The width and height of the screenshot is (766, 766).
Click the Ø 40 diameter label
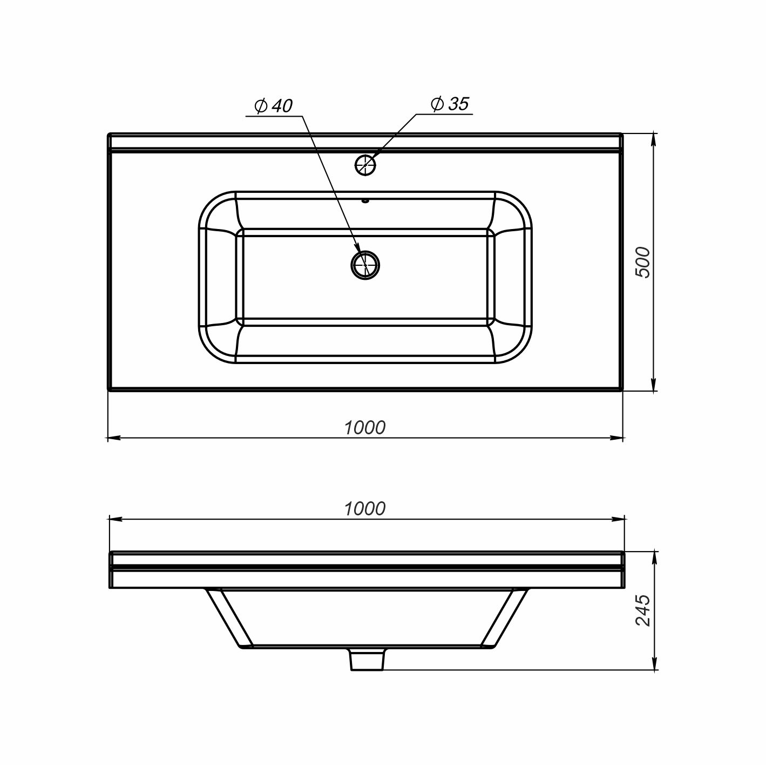click(x=274, y=106)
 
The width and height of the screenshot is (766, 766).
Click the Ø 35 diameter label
click(x=450, y=104)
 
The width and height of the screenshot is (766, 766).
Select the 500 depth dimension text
click(x=642, y=262)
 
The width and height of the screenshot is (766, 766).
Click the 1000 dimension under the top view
click(x=364, y=428)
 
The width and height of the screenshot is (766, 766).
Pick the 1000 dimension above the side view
click(x=364, y=509)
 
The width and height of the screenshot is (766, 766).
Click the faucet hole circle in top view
click(x=365, y=165)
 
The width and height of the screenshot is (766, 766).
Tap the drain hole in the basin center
click(x=365, y=265)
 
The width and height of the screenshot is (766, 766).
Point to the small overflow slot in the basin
click(x=365, y=200)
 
